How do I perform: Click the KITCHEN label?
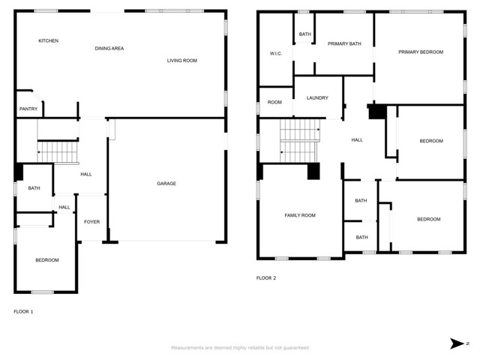coord(48,40)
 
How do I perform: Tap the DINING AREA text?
coord(109,48)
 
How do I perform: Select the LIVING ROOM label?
coord(181,61)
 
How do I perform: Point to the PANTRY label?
coord(28,109)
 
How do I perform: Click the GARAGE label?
coord(166,184)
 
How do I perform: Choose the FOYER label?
coord(91,222)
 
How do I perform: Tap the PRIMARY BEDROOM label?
coord(421,52)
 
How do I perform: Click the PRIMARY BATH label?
coord(344,44)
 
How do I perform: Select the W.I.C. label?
coord(276,54)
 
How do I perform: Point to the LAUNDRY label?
coord(317,98)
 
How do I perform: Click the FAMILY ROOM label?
coord(300,215)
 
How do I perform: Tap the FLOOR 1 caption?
coord(23,312)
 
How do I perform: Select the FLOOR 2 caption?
coord(266,278)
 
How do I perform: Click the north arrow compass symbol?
coord(459,343)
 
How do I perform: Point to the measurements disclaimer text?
coord(240,348)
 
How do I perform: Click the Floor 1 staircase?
coord(58,151)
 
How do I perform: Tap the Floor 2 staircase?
coord(300,140)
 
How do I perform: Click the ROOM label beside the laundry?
coord(274,102)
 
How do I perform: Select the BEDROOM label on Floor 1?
coord(47,260)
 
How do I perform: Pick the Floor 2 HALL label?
coord(357,140)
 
